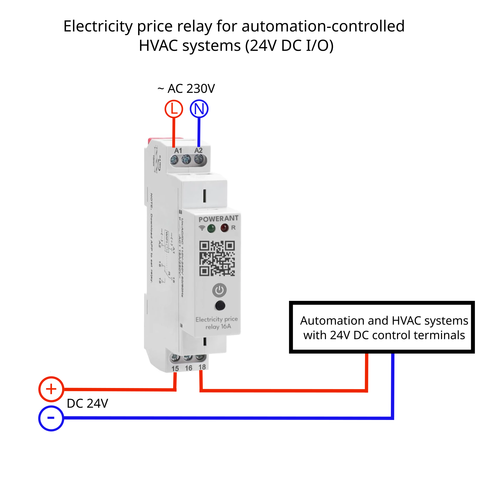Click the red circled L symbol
point(174,109)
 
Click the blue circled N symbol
point(199,109)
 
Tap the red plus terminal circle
point(51,389)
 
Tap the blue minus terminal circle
point(51,418)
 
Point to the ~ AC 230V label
point(186,89)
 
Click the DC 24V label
point(87,403)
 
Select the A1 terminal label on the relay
point(178,151)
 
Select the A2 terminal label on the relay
point(198,150)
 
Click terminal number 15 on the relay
point(175,369)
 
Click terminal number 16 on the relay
point(188,368)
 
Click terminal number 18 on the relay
point(202,367)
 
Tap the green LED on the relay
point(211,229)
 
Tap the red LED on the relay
point(224,228)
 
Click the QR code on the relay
point(217,258)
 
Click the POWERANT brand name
point(218,219)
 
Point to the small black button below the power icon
point(220,306)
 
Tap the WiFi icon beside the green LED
point(202,228)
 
